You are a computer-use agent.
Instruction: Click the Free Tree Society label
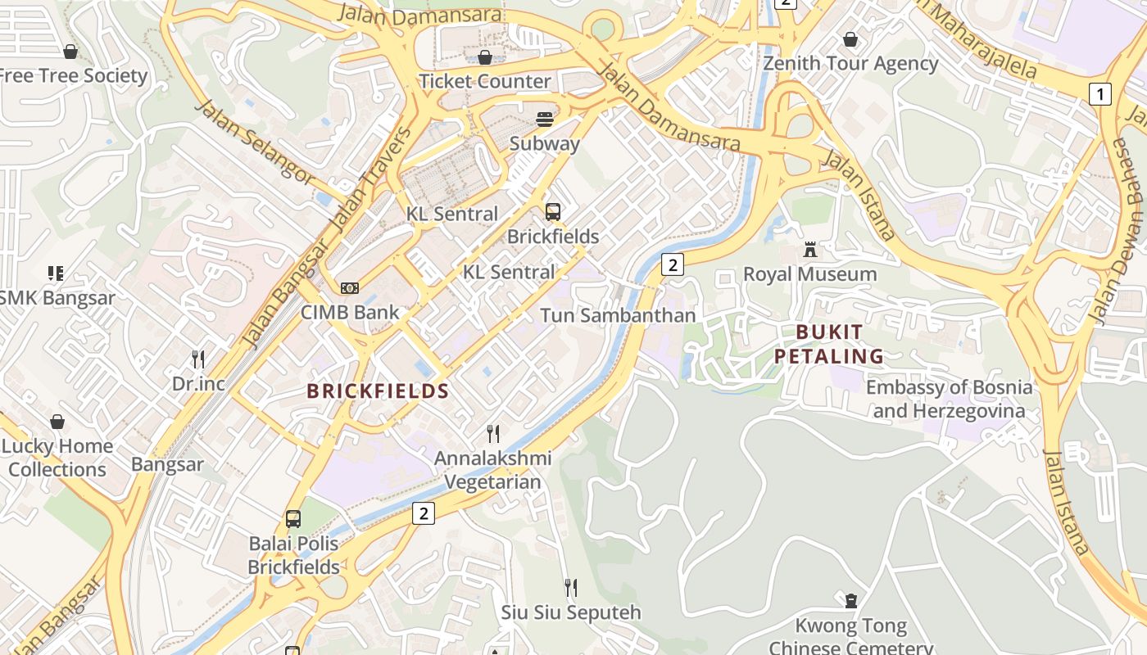click(x=72, y=76)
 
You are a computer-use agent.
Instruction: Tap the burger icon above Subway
click(x=545, y=120)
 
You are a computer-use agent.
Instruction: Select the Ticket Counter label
click(x=485, y=81)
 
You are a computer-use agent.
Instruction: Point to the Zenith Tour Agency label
click(x=850, y=63)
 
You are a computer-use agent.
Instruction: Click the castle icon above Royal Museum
click(x=810, y=250)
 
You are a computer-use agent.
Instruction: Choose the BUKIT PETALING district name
click(x=829, y=344)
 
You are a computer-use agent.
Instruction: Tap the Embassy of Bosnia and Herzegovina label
click(x=949, y=399)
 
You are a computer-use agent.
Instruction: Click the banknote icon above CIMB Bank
click(x=350, y=288)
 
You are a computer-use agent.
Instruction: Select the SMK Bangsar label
click(x=57, y=298)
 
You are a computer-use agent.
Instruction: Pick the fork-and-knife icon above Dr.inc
click(x=197, y=359)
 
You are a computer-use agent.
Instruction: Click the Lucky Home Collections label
click(x=57, y=458)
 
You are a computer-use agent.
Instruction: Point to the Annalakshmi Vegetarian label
click(x=492, y=470)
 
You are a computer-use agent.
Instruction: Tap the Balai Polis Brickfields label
click(x=293, y=555)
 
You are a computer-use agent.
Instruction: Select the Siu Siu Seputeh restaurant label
click(x=571, y=612)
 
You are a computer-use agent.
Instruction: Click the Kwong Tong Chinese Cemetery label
click(x=850, y=637)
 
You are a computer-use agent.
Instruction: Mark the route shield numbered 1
click(x=1099, y=94)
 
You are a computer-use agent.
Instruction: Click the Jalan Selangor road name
click(x=254, y=142)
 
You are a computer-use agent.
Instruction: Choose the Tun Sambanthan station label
click(x=618, y=315)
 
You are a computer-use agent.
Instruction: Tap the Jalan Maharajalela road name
click(x=975, y=38)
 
